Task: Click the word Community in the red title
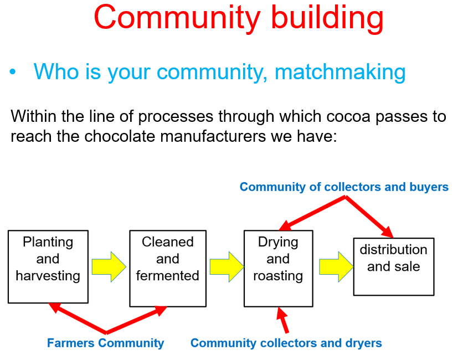(177, 18)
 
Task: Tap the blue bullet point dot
(12, 71)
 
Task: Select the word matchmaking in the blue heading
(340, 72)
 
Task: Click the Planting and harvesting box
(48, 267)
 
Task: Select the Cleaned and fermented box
(168, 269)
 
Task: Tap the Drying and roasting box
(278, 269)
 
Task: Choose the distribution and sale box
(394, 267)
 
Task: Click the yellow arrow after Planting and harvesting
(109, 267)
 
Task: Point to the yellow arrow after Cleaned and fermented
(227, 267)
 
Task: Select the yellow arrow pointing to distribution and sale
(336, 267)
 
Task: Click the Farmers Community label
(105, 343)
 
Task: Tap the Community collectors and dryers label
(286, 343)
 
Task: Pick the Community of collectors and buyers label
(344, 187)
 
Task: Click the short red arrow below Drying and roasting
(282, 320)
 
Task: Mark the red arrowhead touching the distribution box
(388, 232)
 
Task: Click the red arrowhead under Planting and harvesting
(55, 307)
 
